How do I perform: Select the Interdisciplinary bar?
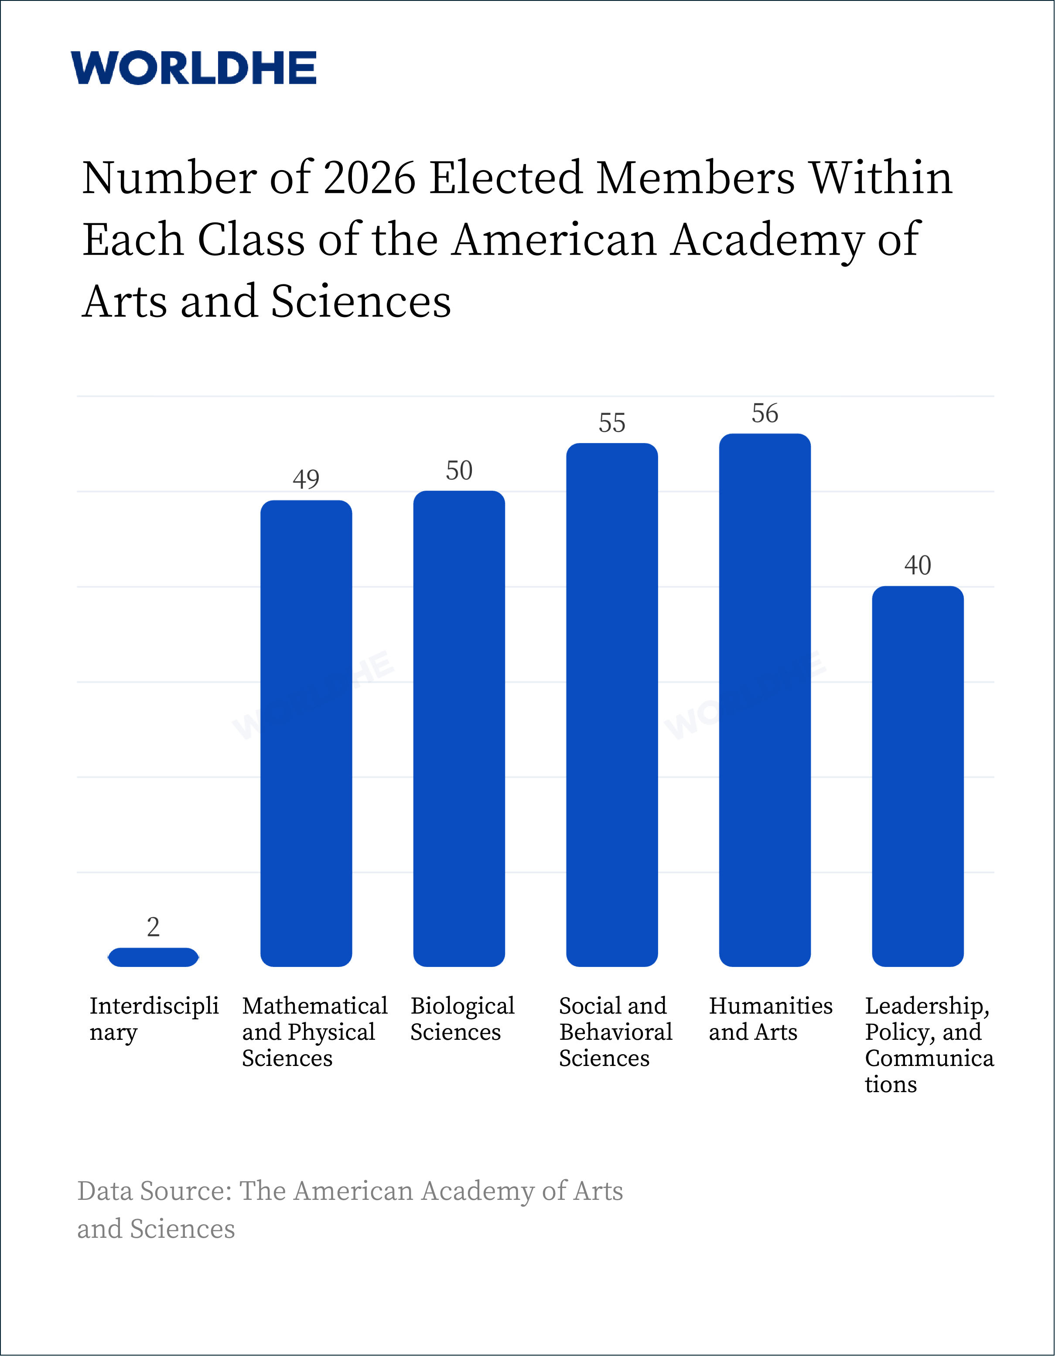coord(154,957)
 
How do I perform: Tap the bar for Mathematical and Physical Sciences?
coord(306,733)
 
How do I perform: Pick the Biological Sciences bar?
coord(459,728)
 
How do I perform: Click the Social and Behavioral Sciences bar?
coord(611,705)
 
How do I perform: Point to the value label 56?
coord(765,413)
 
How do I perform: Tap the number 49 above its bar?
coord(306,479)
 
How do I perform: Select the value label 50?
coord(459,471)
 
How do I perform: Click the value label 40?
coord(918,566)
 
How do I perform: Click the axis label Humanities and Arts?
coord(771,1019)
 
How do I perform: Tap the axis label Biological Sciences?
coord(463,1019)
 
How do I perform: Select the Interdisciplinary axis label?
coord(154,1019)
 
